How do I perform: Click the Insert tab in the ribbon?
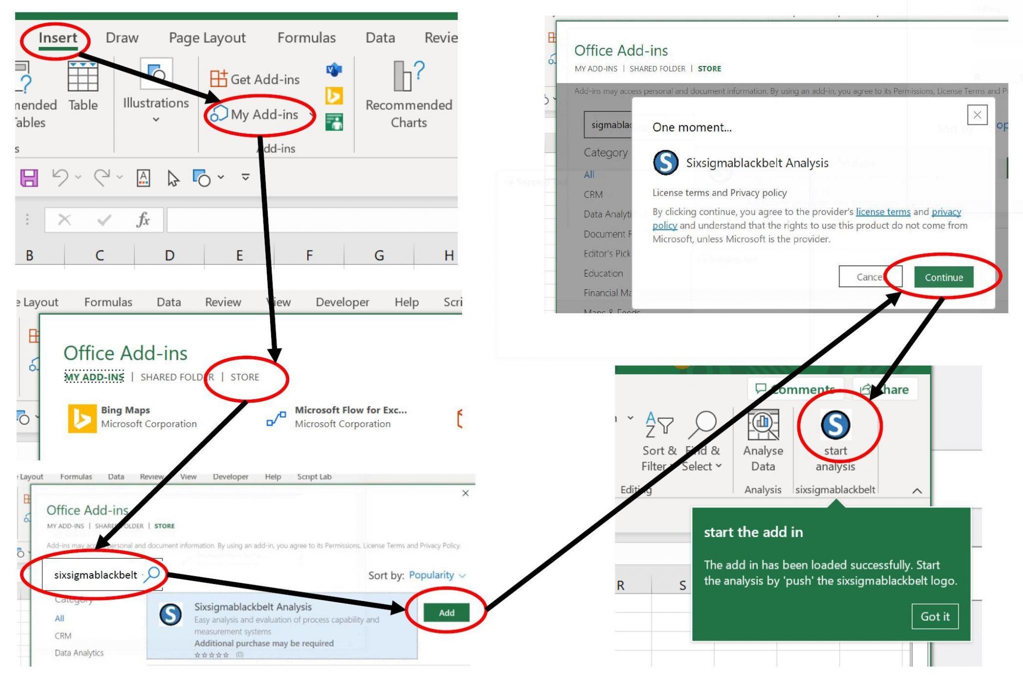[58, 38]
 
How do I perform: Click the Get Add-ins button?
[255, 79]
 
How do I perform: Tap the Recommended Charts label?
[409, 113]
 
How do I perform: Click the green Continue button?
[944, 277]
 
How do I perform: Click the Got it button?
[935, 617]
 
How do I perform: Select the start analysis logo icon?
[835, 425]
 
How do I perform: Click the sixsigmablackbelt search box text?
[95, 575]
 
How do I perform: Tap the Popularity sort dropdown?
[437, 575]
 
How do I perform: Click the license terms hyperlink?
[883, 212]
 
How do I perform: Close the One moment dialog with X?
[977, 115]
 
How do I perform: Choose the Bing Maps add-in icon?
[82, 418]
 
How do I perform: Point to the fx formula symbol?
[143, 219]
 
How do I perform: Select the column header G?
[379, 255]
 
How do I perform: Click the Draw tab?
[122, 38]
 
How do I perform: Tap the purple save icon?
[29, 178]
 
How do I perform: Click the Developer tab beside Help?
[342, 302]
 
